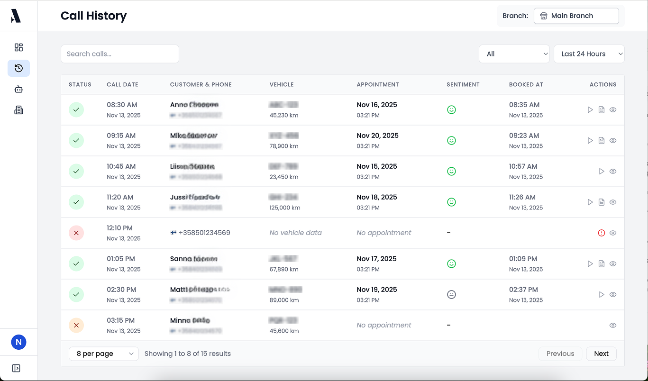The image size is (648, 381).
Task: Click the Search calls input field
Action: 119,54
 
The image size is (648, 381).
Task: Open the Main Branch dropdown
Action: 576,16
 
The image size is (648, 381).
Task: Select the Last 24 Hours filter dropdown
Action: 589,54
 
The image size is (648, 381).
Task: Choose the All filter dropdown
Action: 514,54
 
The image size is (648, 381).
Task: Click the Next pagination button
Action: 601,354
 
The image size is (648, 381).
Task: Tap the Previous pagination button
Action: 560,354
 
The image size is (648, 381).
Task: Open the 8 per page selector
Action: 104,354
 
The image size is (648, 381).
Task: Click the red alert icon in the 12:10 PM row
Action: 602,233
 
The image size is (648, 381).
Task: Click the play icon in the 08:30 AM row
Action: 590,110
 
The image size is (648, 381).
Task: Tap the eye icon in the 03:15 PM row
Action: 613,326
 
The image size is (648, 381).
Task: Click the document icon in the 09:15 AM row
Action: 602,141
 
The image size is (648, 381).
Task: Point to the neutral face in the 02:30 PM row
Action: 451,295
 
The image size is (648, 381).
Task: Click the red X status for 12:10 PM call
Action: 76,233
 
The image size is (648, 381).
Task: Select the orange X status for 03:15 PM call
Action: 76,326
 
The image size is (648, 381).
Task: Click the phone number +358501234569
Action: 204,233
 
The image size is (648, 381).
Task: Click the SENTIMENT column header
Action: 463,85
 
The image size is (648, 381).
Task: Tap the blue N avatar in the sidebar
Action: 18,342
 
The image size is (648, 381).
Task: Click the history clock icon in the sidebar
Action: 18,68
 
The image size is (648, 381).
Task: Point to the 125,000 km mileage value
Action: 284,208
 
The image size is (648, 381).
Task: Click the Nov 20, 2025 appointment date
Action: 377,136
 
